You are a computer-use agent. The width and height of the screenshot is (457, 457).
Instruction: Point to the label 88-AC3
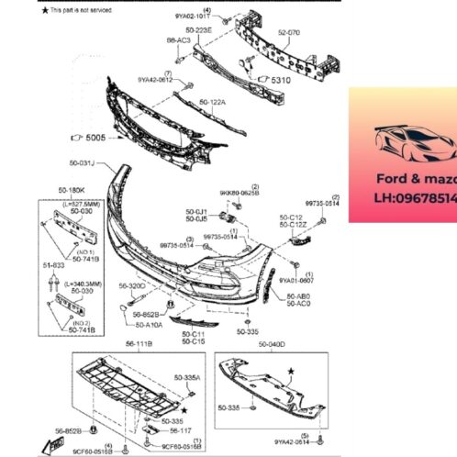178,41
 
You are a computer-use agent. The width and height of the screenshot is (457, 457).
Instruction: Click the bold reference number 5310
280,81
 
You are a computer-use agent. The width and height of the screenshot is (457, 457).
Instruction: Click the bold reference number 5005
95,140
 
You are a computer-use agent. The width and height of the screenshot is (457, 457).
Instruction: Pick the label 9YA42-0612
155,80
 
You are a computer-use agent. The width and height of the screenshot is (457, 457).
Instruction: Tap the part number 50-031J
95,163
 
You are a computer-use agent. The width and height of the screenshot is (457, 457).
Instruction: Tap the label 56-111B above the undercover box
138,343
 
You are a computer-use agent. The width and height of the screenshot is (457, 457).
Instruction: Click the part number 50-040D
272,343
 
